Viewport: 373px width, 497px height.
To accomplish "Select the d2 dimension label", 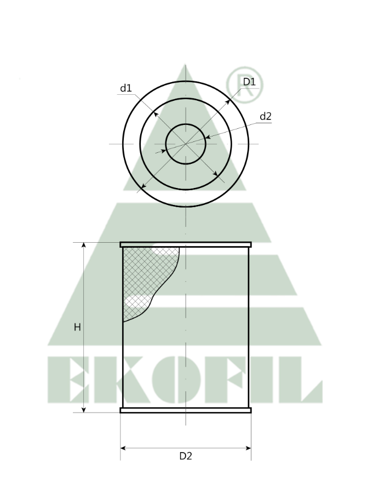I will click(266, 116).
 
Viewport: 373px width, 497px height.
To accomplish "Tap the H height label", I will click(77, 327).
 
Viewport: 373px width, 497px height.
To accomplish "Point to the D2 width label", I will click(186, 456).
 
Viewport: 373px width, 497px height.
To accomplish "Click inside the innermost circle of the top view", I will click(186, 144).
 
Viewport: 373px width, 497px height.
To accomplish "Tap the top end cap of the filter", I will click(186, 244).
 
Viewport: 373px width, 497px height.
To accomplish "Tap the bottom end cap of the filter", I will click(186, 410).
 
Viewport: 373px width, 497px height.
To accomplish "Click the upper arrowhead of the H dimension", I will click(84, 245).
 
